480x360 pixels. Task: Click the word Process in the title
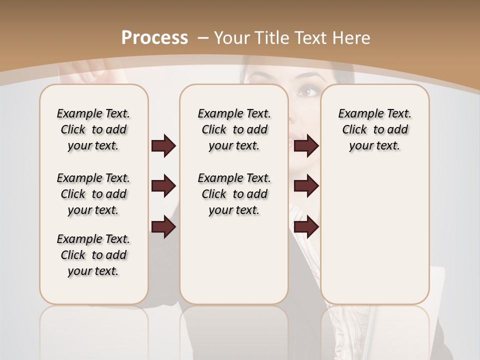pos(155,37)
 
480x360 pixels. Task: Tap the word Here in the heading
pos(350,37)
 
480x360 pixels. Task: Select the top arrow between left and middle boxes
pos(163,145)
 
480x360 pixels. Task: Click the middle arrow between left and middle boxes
pos(163,186)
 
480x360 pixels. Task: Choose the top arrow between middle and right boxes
pos(306,145)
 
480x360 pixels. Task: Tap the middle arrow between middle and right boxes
pos(306,186)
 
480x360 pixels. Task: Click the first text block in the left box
pos(93,129)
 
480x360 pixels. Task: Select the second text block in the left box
pos(93,194)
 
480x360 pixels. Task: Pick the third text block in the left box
pos(93,255)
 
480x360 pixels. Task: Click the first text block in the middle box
pos(234,129)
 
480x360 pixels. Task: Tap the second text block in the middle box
pos(234,194)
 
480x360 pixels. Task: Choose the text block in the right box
pos(374,129)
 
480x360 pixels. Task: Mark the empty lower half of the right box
pos(374,240)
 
